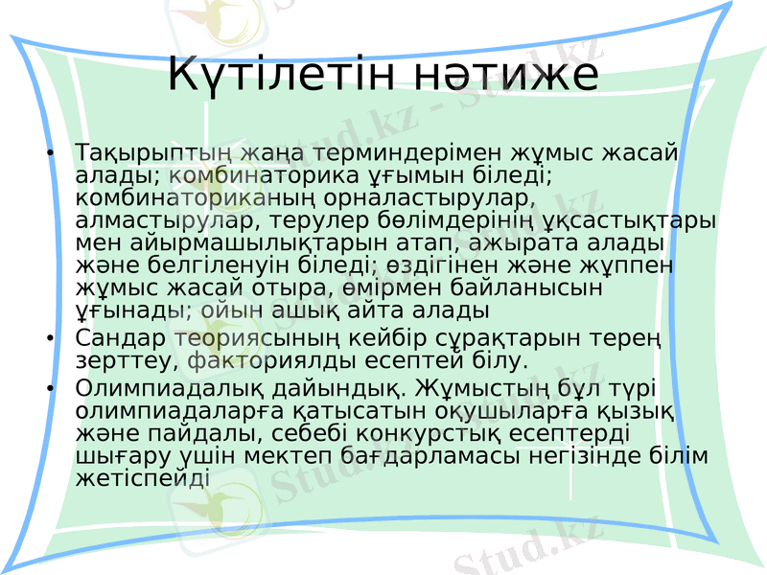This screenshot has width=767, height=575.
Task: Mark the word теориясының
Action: pyautogui.click(x=271, y=337)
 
